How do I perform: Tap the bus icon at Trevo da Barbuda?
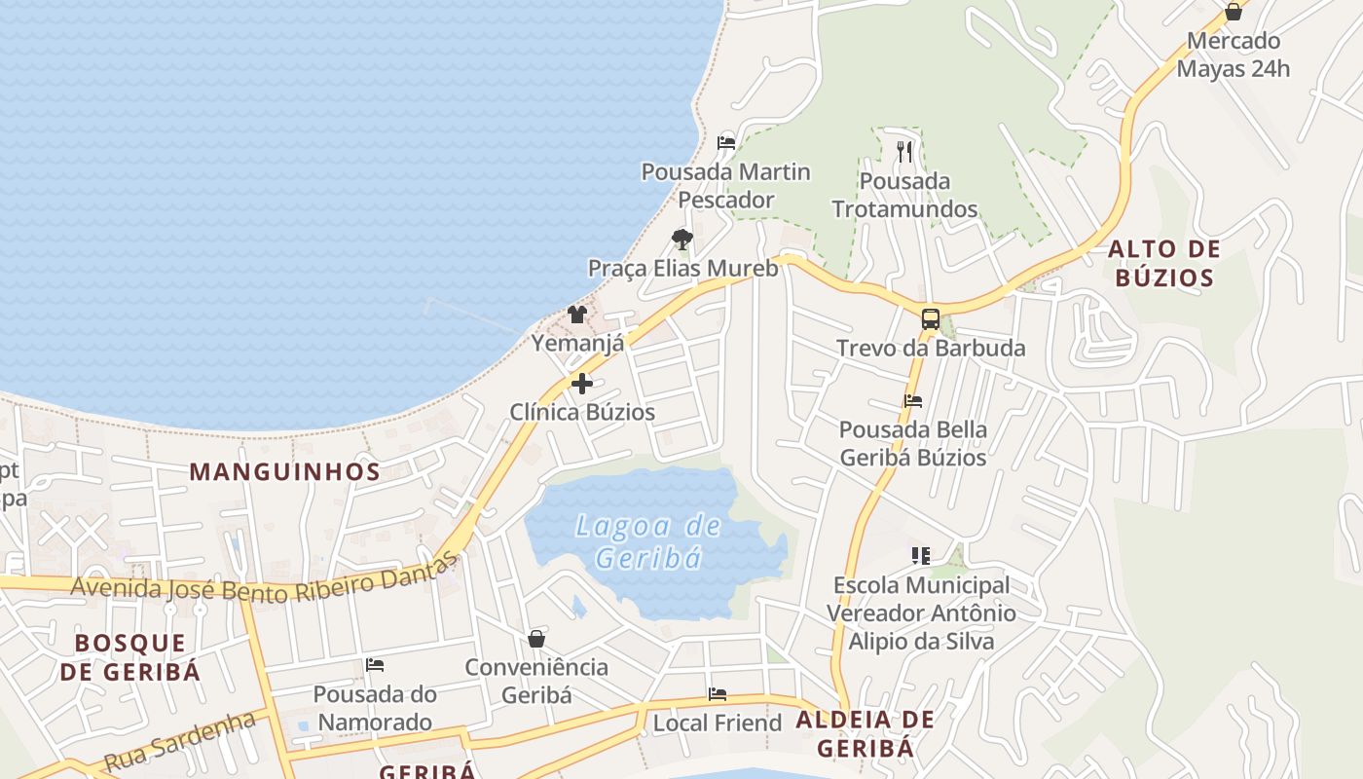click(x=931, y=318)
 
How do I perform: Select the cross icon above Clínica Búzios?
click(x=582, y=384)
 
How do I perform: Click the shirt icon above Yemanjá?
click(x=577, y=314)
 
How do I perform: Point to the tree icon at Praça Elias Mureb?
click(x=682, y=239)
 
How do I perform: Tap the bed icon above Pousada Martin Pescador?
click(x=726, y=142)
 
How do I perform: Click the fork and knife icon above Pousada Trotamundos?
click(x=904, y=151)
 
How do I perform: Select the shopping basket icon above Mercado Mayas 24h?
click(x=1234, y=12)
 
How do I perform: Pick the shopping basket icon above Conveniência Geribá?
click(x=536, y=639)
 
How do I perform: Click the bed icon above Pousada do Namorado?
click(x=375, y=665)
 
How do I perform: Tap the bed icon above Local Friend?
click(x=718, y=694)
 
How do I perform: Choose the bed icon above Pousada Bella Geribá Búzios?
click(x=913, y=400)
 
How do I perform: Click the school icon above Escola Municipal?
click(x=921, y=556)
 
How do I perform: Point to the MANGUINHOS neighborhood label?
click(x=284, y=472)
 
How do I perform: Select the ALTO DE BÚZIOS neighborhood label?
click(x=1163, y=264)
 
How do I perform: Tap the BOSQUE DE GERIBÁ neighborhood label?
click(x=129, y=657)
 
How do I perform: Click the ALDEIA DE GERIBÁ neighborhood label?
click(x=866, y=734)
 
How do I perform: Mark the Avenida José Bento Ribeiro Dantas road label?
click(x=264, y=581)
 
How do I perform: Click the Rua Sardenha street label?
click(x=180, y=741)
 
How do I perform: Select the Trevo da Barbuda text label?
click(x=931, y=348)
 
